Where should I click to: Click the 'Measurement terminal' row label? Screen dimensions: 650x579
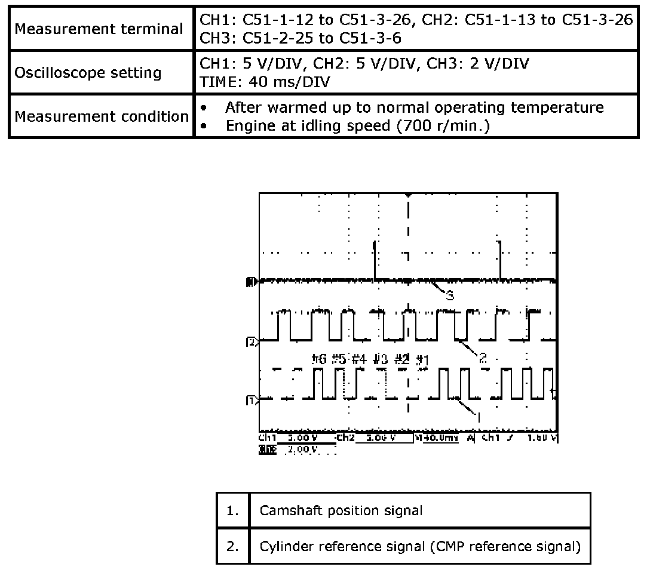[x=99, y=29]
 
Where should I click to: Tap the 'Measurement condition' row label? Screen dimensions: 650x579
[x=102, y=116]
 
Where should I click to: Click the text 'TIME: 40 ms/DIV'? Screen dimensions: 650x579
[x=266, y=82]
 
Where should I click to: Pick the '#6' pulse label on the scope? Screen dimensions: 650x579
[x=319, y=359]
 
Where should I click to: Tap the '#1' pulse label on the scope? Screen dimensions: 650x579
[x=423, y=359]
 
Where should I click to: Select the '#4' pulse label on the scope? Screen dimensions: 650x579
[x=358, y=359]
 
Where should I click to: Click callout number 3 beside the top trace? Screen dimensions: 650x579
[x=450, y=295]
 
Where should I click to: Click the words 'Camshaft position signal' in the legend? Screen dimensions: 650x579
[x=341, y=511]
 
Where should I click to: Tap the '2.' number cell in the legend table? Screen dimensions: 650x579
[x=232, y=547]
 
